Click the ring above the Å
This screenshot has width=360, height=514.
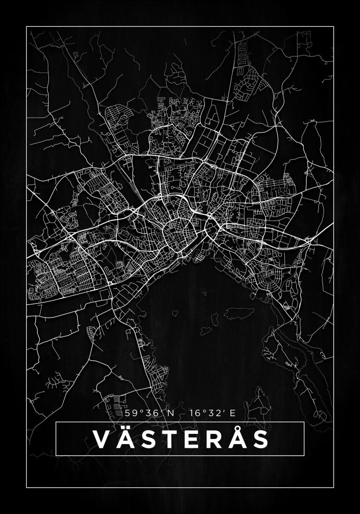[238, 428]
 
